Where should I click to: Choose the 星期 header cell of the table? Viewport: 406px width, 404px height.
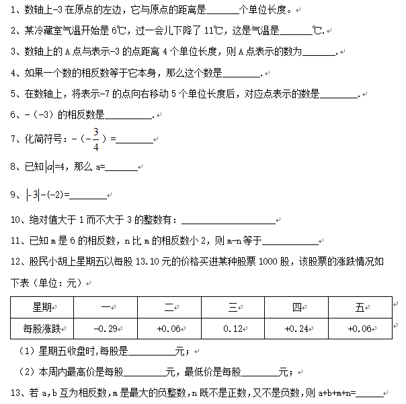click(42, 307)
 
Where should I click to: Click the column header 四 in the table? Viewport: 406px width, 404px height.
click(297, 307)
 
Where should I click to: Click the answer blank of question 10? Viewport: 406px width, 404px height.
click(229, 220)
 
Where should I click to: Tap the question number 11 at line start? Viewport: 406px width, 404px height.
click(18, 240)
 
